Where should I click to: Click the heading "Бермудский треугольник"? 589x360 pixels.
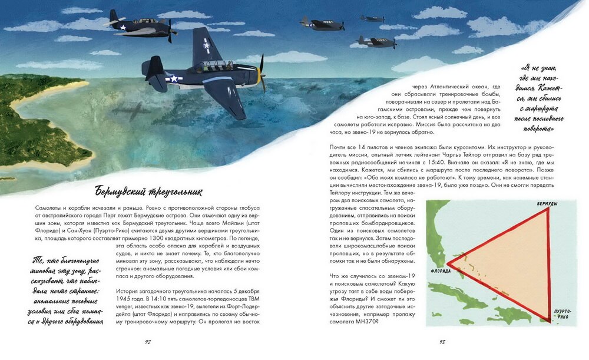coord(148,191)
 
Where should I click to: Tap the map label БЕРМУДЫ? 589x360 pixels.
coord(546,203)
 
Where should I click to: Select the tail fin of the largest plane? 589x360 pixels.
coord(155,67)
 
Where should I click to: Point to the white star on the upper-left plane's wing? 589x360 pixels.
coord(123,27)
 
